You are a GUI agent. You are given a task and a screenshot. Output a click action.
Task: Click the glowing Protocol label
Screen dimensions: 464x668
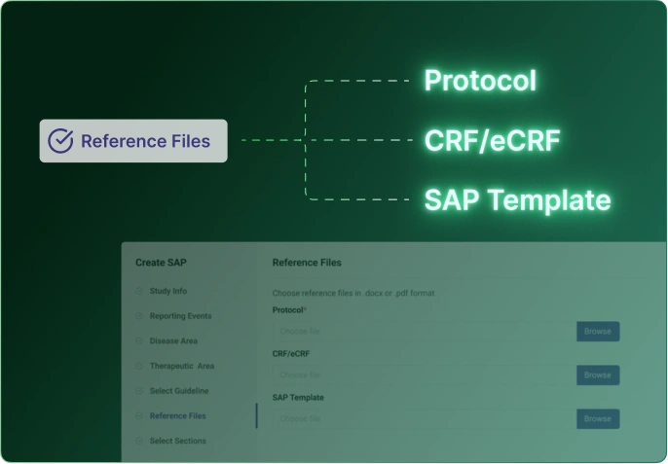pos(480,81)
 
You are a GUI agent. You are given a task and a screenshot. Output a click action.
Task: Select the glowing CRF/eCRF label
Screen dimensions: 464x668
pos(492,141)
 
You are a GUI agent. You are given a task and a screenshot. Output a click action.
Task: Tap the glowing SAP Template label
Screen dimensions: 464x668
pos(517,200)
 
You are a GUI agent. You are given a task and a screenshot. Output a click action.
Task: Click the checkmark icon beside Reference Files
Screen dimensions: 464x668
pos(61,141)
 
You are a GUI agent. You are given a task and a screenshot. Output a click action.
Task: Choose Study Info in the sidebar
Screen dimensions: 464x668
pos(167,291)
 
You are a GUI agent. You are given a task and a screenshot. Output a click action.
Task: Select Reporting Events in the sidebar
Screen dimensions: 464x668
pos(179,316)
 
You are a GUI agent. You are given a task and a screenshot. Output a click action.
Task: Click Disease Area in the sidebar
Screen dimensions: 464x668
pos(173,341)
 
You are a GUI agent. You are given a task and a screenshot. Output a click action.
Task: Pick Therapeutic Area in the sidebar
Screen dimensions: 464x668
pos(181,367)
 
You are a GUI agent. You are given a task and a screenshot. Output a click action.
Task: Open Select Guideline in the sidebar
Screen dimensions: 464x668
pos(178,391)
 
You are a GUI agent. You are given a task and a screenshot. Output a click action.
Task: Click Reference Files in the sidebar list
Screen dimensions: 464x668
pos(177,416)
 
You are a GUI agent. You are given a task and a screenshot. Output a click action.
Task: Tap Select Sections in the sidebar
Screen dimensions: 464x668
pos(177,441)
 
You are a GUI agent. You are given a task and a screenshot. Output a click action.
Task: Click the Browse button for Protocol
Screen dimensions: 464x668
pos(597,332)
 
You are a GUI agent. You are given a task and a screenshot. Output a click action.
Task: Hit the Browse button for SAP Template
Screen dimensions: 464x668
pos(597,419)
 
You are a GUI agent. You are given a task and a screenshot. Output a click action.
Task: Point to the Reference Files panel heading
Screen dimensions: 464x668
pos(307,263)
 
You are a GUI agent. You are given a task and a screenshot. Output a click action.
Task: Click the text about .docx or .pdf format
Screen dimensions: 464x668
pos(353,293)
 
